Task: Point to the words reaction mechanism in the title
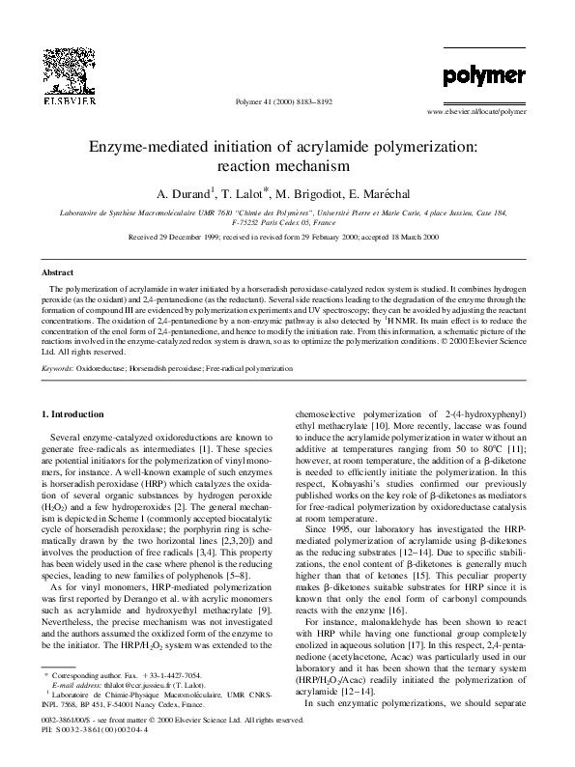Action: (x=287, y=166)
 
